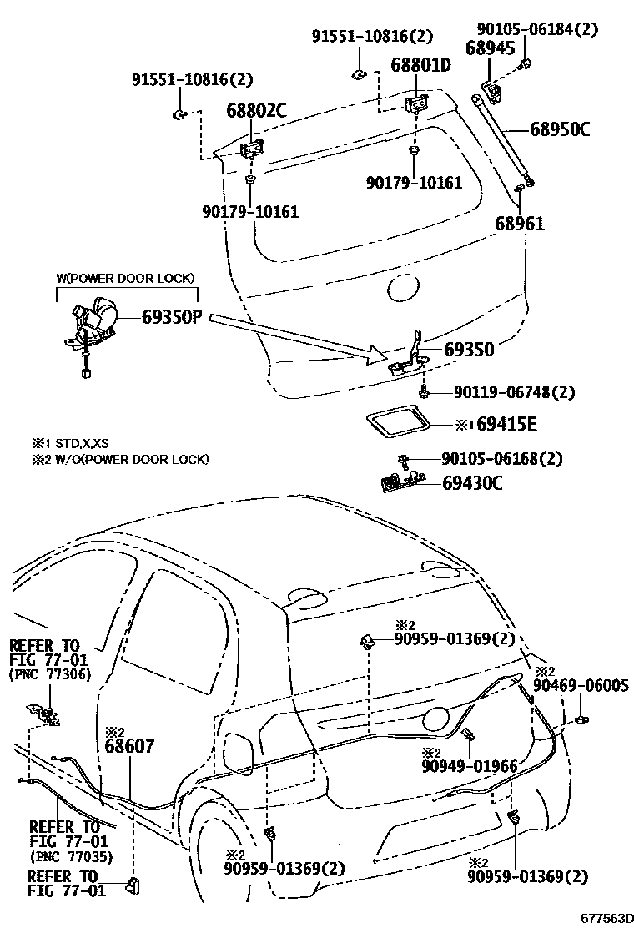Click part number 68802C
coord(256,111)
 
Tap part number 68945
coord(490,48)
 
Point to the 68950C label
coord(560,129)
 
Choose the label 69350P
coord(173,318)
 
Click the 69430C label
coord(472,482)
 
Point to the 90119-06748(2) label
coord(515,391)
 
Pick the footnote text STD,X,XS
coord(75,443)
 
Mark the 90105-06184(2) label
coord(550,29)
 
